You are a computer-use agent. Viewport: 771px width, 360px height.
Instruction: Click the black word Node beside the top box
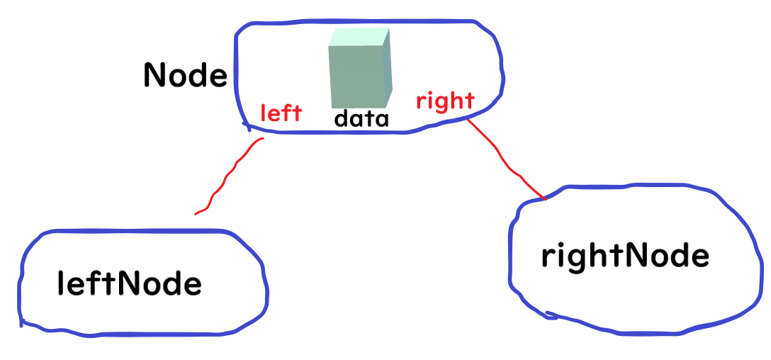(185, 74)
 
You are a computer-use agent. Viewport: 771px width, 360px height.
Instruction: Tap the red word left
(281, 113)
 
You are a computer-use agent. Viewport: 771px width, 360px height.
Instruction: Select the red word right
(444, 101)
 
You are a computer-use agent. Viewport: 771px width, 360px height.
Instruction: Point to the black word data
(361, 118)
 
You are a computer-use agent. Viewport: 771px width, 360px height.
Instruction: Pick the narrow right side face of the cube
(386, 66)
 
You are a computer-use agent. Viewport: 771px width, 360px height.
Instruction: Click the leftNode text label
(129, 284)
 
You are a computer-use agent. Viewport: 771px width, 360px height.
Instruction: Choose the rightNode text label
(624, 257)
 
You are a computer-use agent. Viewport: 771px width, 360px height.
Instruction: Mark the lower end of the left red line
(196, 213)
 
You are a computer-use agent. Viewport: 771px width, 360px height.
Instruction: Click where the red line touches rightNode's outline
(544, 199)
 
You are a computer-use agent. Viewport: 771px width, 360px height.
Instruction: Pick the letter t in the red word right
(468, 100)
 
